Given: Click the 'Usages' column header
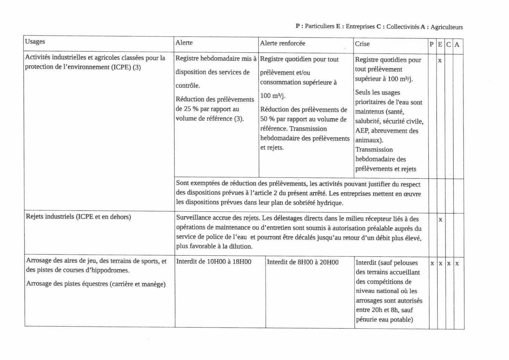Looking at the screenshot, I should pyautogui.click(x=35, y=42).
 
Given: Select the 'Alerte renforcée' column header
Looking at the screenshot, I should pyautogui.click(x=282, y=43).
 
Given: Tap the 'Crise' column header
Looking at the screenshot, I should pyautogui.click(x=362, y=44).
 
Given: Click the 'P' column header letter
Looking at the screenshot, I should pyautogui.click(x=432, y=45).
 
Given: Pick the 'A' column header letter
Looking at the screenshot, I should pyautogui.click(x=457, y=45).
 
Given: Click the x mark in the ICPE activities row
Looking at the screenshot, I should pyautogui.click(x=440, y=61).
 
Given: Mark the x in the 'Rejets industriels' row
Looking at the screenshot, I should pyautogui.click(x=440, y=219).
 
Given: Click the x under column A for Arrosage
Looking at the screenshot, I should pyautogui.click(x=457, y=264).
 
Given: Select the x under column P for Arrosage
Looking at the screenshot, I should pyautogui.click(x=432, y=263).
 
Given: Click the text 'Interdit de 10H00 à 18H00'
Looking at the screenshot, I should pyautogui.click(x=214, y=262).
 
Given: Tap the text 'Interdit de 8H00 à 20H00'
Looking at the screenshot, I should pyautogui.click(x=303, y=262).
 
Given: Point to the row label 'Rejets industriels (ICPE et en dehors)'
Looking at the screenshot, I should pyautogui.click(x=78, y=217).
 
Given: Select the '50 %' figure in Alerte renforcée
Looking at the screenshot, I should pyautogui.click(x=267, y=119).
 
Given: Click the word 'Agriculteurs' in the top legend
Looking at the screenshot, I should pyautogui.click(x=447, y=27).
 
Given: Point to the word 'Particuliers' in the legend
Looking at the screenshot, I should pyautogui.click(x=319, y=26).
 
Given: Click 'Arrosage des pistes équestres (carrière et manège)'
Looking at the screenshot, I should pyautogui.click(x=96, y=284).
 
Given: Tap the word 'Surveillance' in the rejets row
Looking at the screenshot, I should pyautogui.click(x=193, y=218).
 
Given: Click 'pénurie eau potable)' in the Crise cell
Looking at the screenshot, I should pyautogui.click(x=384, y=320).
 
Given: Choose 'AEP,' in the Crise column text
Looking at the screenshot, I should pyautogui.click(x=362, y=131).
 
